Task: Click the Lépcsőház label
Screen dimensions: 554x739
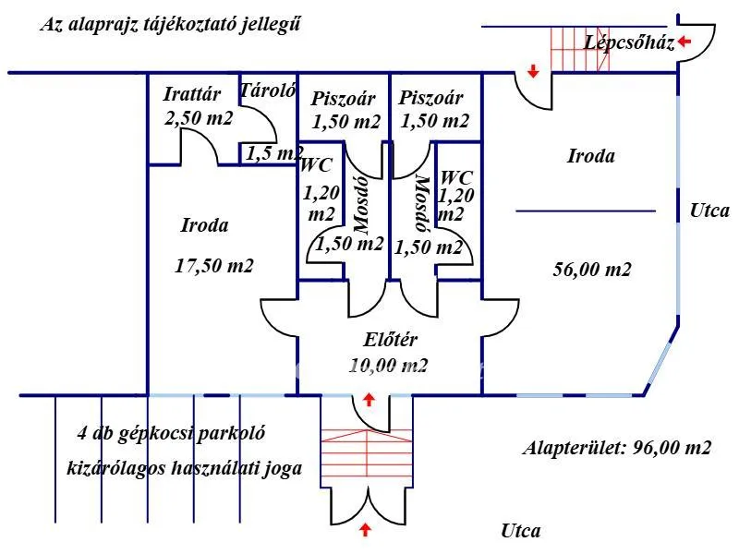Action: (630, 42)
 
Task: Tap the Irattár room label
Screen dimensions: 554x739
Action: (191, 93)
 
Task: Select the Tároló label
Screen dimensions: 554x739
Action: (267, 90)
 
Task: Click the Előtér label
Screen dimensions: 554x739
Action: (389, 340)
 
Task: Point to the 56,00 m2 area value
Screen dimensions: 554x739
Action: (592, 270)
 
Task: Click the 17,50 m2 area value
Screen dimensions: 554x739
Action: (214, 265)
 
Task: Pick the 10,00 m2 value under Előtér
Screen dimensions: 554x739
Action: (389, 365)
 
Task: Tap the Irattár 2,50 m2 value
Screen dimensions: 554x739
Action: (199, 118)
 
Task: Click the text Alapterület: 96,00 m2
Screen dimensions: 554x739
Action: (617, 449)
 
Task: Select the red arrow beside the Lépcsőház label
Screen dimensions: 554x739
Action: (684, 42)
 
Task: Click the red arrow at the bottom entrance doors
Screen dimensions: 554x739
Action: (367, 529)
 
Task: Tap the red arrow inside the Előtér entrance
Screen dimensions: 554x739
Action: (369, 400)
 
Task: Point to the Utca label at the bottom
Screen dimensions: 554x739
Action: (521, 531)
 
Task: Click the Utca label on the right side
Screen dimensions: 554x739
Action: (709, 211)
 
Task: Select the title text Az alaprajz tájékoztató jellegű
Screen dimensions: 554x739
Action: (170, 25)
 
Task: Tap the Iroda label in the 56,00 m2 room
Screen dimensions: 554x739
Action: (590, 156)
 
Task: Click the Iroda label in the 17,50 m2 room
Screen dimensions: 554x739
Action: (204, 224)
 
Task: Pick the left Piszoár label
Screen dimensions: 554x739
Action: (341, 99)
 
